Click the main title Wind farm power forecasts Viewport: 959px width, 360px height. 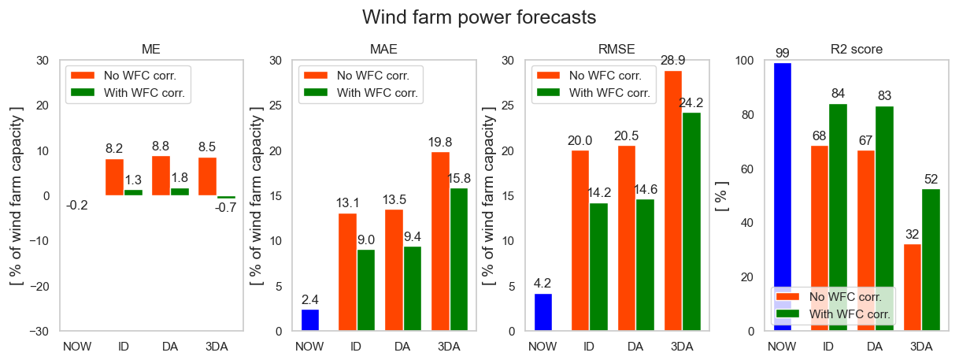click(x=479, y=17)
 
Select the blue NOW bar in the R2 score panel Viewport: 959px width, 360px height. click(x=782, y=197)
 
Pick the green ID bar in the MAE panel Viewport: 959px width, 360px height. click(x=366, y=290)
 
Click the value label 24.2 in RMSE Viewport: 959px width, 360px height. click(x=691, y=103)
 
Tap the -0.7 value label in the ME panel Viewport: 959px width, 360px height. click(x=225, y=208)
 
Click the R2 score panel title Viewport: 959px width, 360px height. click(x=856, y=49)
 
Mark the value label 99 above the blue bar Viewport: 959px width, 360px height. click(x=782, y=54)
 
